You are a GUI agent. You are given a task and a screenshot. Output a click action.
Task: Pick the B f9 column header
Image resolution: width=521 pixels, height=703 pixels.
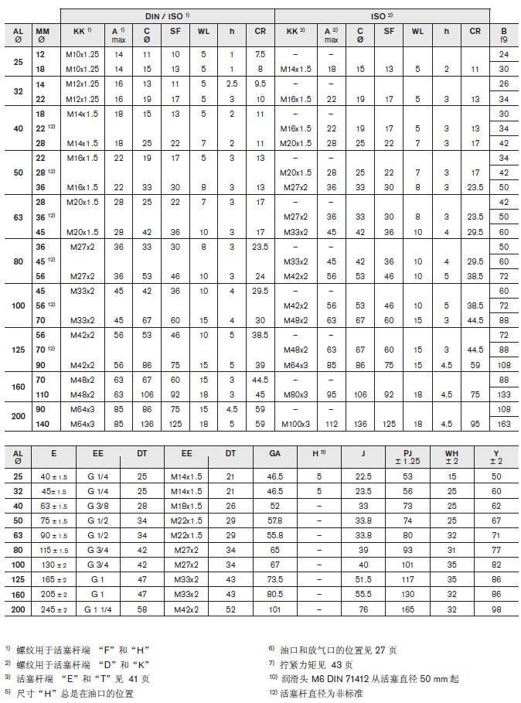(x=503, y=35)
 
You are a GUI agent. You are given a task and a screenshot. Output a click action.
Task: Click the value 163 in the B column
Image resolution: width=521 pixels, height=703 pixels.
(x=503, y=424)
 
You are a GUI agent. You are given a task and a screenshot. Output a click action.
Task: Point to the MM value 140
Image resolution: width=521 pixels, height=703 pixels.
(x=41, y=424)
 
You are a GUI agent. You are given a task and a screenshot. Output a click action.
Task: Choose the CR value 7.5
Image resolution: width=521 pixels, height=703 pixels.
(x=260, y=54)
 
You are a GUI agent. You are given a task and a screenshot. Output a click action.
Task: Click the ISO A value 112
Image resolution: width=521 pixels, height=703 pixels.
(x=331, y=424)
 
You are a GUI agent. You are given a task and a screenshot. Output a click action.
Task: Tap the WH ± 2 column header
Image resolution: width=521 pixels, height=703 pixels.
(x=452, y=457)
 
